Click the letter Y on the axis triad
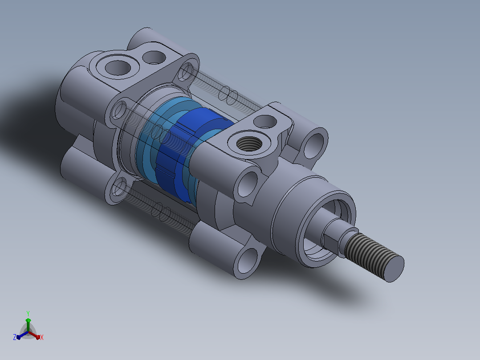[x=28, y=313]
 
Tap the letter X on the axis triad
[x=42, y=337]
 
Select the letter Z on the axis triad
[x=15, y=337]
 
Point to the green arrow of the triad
[x=28, y=325]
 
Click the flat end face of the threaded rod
[x=394, y=269]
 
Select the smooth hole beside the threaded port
[x=265, y=121]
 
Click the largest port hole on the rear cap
[x=118, y=68]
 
